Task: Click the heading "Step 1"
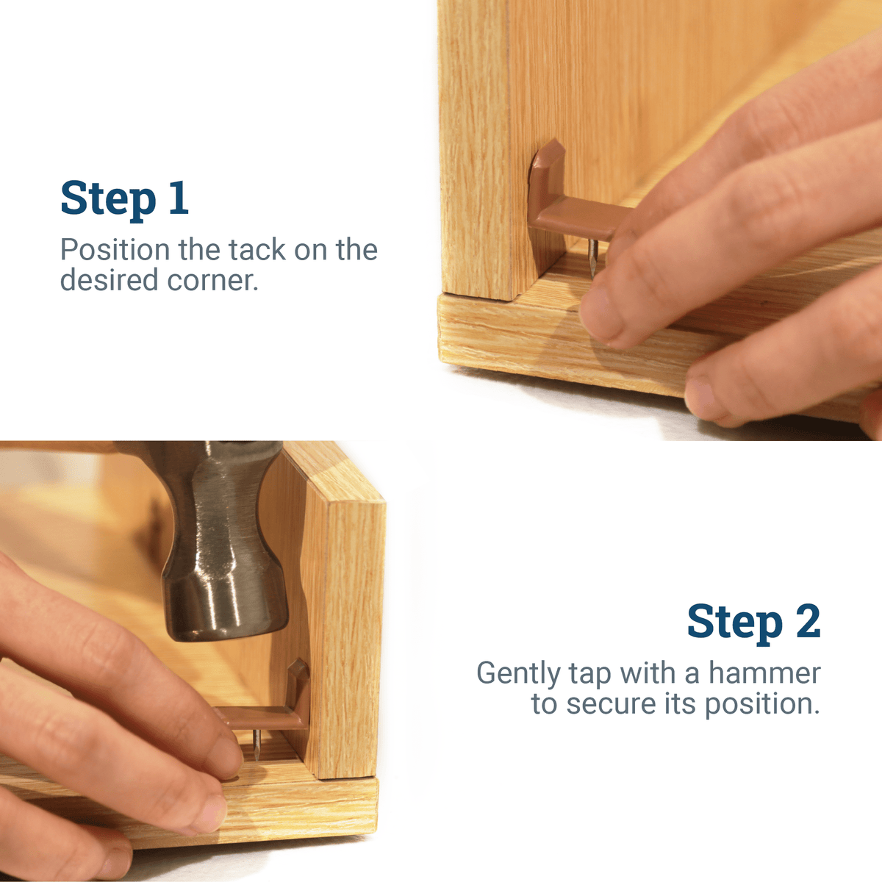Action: coord(124,199)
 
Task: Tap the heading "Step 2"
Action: coord(753,623)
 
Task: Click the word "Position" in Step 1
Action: coord(115,251)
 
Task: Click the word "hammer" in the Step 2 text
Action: coord(764,673)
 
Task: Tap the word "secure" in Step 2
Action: coord(608,704)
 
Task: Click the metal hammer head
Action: coord(220,559)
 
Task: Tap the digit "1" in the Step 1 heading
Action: coord(179,199)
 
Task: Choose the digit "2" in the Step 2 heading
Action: coord(807,623)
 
